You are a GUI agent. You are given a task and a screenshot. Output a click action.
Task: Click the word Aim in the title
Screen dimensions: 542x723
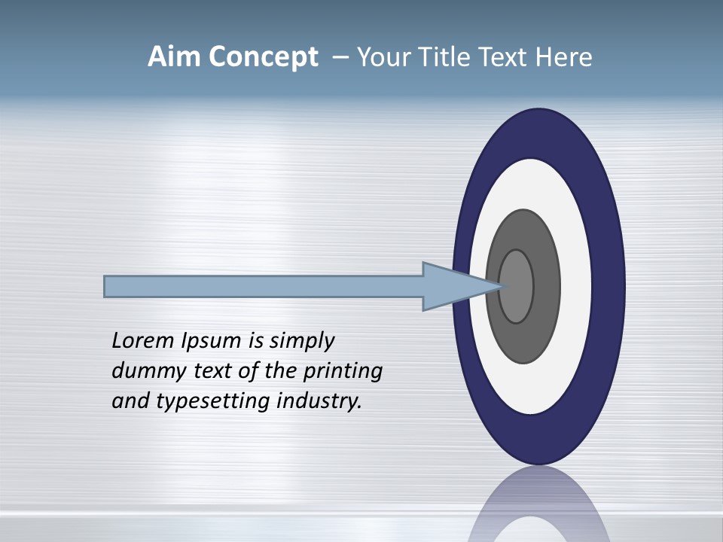tap(175, 57)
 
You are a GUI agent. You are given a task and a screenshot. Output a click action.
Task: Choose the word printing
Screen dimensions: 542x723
tap(343, 372)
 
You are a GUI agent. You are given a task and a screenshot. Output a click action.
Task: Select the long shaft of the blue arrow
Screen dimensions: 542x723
tap(264, 287)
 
